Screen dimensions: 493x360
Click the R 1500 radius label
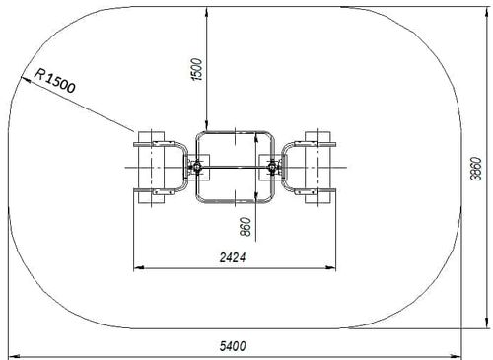(55, 81)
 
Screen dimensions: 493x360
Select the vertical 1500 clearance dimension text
(197, 69)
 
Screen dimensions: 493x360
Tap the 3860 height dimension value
(476, 169)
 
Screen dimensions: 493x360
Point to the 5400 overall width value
(233, 346)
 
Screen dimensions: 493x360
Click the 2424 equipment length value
(233, 257)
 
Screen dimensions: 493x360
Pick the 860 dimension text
(246, 227)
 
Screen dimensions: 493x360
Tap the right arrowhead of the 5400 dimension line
(457, 356)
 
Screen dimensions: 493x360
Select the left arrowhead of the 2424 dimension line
(139, 268)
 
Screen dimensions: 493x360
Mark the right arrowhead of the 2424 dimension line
(330, 268)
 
